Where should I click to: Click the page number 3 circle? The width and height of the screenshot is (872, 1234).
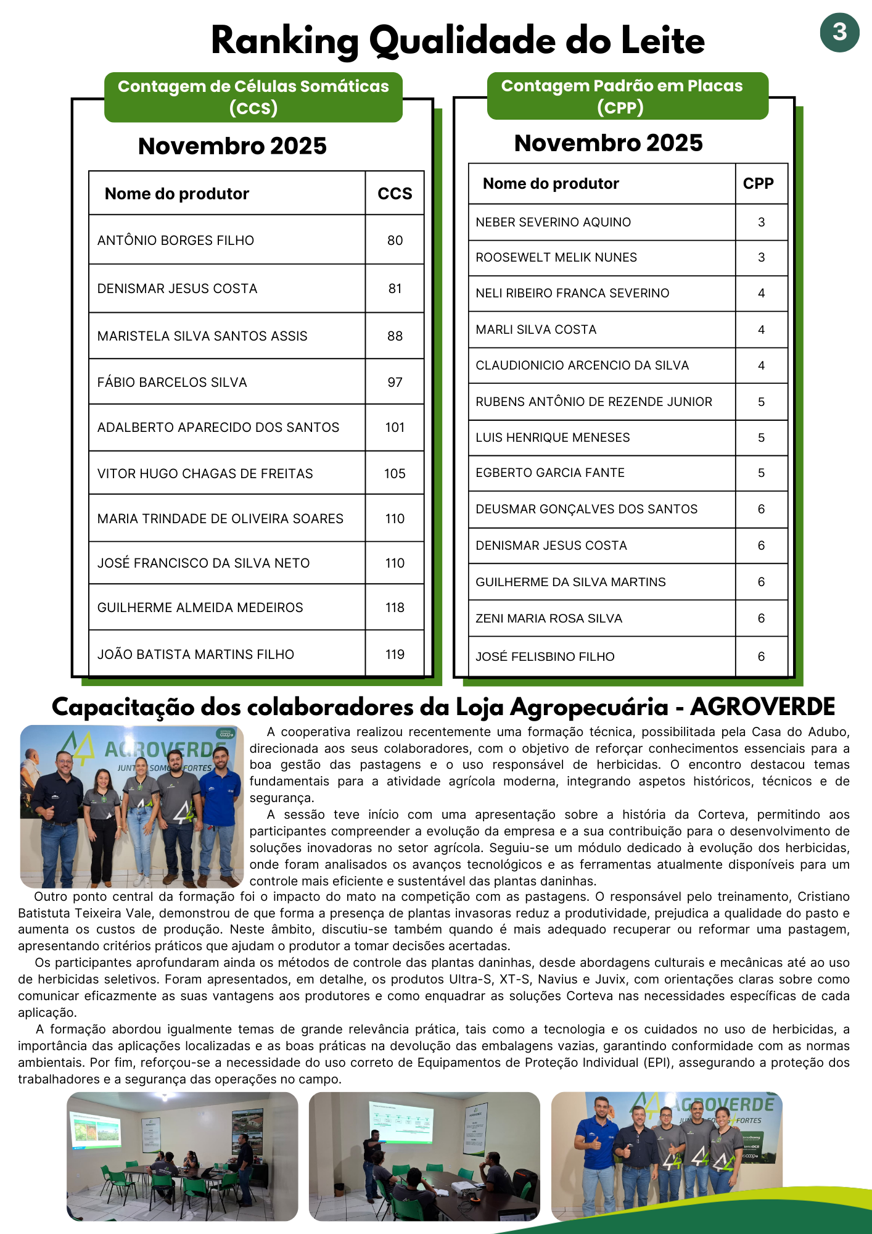pyautogui.click(x=839, y=32)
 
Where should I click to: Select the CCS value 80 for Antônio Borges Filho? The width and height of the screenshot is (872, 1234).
pyautogui.click(x=395, y=241)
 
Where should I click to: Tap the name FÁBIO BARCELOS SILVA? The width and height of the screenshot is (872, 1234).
pyautogui.click(x=172, y=383)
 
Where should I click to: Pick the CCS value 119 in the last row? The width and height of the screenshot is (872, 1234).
pyautogui.click(x=395, y=655)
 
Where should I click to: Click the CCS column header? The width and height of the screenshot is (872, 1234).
pyautogui.click(x=395, y=194)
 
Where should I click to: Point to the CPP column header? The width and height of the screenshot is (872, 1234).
pyautogui.click(x=758, y=184)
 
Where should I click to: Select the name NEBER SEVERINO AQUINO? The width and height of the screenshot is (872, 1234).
pyautogui.click(x=553, y=222)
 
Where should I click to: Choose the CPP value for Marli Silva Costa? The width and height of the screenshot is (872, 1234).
pyautogui.click(x=761, y=330)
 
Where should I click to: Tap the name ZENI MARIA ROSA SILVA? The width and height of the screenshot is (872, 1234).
pyautogui.click(x=549, y=618)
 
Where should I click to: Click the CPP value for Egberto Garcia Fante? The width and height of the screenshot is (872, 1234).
pyautogui.click(x=761, y=473)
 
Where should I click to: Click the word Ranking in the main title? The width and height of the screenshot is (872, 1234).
pyautogui.click(x=285, y=42)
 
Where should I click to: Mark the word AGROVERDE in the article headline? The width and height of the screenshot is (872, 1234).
pyautogui.click(x=762, y=707)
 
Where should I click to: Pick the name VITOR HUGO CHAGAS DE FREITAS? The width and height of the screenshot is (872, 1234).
pyautogui.click(x=205, y=474)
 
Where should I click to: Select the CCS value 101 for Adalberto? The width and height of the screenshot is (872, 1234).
pyautogui.click(x=395, y=428)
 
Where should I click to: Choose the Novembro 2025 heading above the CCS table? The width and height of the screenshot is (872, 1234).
pyautogui.click(x=232, y=146)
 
